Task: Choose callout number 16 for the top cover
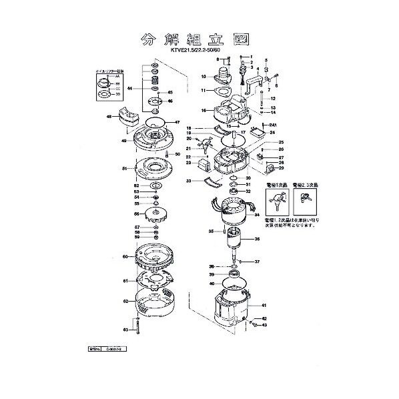pos(203,110)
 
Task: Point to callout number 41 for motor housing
pos(265,305)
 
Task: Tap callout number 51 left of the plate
pos(124,169)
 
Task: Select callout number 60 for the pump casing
pos(124,256)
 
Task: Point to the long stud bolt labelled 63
pos(137,328)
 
